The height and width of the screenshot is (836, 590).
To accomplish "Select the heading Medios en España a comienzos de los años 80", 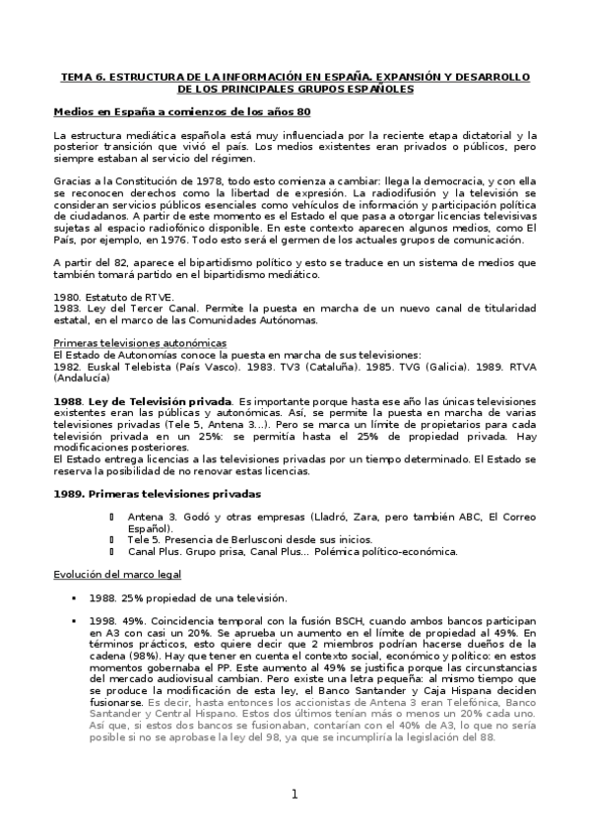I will point(182,111).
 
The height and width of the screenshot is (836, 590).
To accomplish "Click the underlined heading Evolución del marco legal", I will point(113,575).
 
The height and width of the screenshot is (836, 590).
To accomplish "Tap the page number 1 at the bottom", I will point(294,795).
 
